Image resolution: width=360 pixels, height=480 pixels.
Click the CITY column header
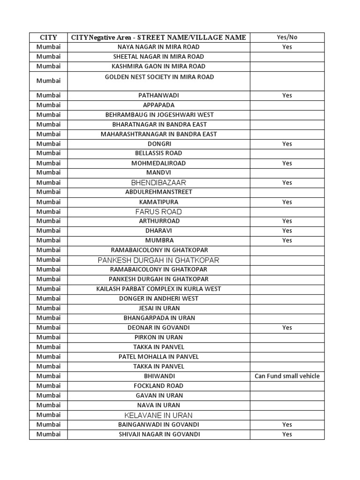pyautogui.click(x=49, y=37)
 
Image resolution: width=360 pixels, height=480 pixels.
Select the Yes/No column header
pyautogui.click(x=287, y=37)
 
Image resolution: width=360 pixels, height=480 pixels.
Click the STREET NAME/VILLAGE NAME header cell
pyautogui.click(x=158, y=37)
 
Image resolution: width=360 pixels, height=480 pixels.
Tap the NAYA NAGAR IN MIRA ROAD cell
pyautogui.click(x=158, y=47)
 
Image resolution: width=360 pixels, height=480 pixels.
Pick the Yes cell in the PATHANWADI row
pyautogui.click(x=287, y=95)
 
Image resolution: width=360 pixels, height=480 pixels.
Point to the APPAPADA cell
pyautogui.click(x=158, y=105)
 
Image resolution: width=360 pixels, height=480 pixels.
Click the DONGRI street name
pyautogui.click(x=158, y=144)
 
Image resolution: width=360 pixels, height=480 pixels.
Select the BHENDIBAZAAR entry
pyautogui.click(x=158, y=182)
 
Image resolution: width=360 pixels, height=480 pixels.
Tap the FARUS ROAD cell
pyautogui.click(x=158, y=211)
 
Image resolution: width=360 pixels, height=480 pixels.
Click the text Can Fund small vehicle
pyautogui.click(x=287, y=376)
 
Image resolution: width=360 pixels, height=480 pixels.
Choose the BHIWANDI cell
pyautogui.click(x=158, y=376)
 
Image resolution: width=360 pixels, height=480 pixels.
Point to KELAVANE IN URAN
pyautogui.click(x=158, y=415)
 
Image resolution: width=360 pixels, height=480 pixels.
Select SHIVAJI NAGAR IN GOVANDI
pyautogui.click(x=158, y=434)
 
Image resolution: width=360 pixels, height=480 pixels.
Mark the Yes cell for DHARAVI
pyautogui.click(x=287, y=231)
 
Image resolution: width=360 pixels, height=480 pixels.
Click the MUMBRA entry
pyautogui.click(x=158, y=240)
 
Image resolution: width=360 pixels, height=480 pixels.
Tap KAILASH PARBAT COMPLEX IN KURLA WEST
pyautogui.click(x=158, y=289)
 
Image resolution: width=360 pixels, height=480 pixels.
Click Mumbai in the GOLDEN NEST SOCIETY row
pyautogui.click(x=49, y=81)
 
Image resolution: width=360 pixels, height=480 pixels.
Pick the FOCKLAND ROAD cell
pyautogui.click(x=158, y=386)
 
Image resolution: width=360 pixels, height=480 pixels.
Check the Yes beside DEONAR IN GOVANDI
pyautogui.click(x=287, y=328)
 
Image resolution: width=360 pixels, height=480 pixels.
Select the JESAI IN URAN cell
pyautogui.click(x=158, y=308)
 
